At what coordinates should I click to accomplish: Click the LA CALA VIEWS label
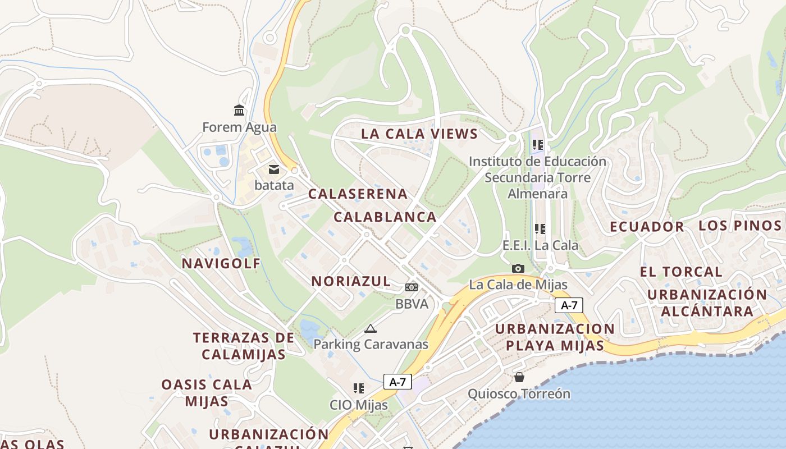tap(419, 134)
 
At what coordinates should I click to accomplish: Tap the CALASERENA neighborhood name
tap(358, 194)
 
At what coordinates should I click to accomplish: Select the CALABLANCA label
tap(385, 217)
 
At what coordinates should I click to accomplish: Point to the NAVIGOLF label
tap(221, 263)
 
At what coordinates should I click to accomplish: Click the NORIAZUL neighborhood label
tap(351, 282)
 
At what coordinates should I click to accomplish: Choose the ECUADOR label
tap(647, 227)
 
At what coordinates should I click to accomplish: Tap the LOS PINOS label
tap(739, 226)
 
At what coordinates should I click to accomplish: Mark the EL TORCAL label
tap(681, 272)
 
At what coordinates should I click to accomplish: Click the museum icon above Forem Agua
tap(239, 110)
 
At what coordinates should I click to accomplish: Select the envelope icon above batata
tap(274, 169)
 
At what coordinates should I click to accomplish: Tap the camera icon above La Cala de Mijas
tap(518, 268)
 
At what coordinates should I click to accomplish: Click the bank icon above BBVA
tap(412, 287)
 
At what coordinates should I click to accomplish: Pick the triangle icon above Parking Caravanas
tap(370, 328)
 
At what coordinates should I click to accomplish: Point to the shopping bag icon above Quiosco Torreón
tap(519, 377)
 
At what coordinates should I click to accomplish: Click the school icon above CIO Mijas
tap(359, 388)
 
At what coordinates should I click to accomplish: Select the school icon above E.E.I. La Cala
tap(540, 228)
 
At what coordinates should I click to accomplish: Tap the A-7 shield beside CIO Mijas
tap(397, 382)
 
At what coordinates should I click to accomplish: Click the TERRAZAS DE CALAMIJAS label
tap(244, 346)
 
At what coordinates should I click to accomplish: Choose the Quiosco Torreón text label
tap(519, 394)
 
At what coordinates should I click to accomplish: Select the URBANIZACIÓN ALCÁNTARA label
tap(706, 303)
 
